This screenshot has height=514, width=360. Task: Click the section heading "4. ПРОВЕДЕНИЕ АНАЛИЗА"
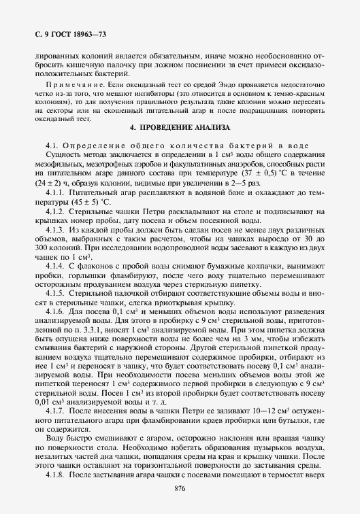(180, 127)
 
